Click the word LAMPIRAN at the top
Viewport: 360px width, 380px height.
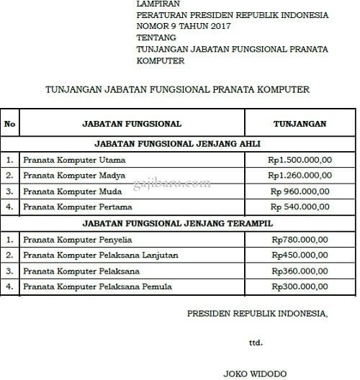(156, 4)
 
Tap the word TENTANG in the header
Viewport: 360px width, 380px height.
(153, 38)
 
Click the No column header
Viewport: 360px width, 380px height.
(9, 124)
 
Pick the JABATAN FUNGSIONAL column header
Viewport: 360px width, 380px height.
(132, 124)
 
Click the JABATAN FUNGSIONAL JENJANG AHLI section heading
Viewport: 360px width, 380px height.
(177, 143)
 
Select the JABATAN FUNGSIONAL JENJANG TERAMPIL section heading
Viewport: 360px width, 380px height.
(177, 224)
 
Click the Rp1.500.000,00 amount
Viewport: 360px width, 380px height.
(300, 159)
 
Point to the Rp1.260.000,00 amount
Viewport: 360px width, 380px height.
(300, 175)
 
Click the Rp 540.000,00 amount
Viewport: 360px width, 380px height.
(300, 207)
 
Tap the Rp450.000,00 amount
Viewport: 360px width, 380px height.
(300, 255)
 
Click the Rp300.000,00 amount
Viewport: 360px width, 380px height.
(300, 287)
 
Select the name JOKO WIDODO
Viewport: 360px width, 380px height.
(256, 374)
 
